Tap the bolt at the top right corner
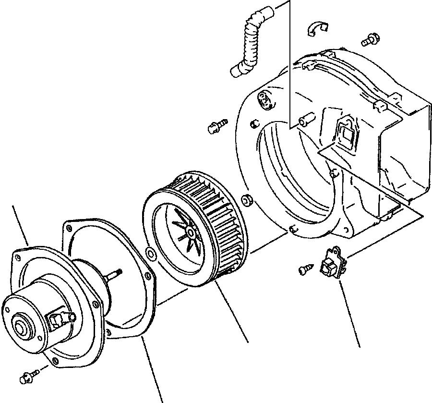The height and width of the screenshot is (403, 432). tap(370, 40)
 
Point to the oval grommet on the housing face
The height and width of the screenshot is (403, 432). tap(264, 99)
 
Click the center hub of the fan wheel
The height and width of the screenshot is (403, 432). tap(191, 232)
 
